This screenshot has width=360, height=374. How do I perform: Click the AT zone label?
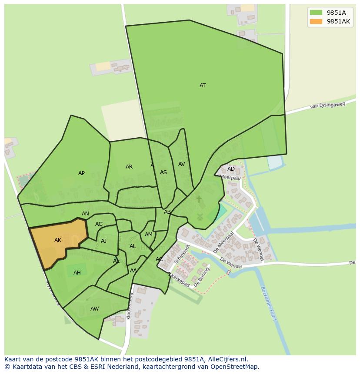pyautogui.click(x=203, y=86)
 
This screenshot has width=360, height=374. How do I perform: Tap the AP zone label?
pyautogui.click(x=81, y=173)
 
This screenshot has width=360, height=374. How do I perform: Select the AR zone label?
pyautogui.click(x=129, y=167)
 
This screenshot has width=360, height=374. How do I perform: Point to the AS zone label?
pyautogui.click(x=163, y=172)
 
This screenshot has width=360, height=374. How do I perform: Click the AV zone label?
pyautogui.click(x=182, y=164)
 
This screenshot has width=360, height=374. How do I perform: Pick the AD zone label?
pyautogui.click(x=231, y=169)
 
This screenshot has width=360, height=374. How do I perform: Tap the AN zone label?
pyautogui.click(x=85, y=214)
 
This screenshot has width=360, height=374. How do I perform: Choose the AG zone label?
pyautogui.click(x=99, y=224)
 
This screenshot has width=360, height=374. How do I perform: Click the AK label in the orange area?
pyautogui.click(x=58, y=240)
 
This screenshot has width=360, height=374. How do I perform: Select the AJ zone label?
pyautogui.click(x=103, y=241)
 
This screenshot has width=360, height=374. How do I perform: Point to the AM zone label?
pyautogui.click(x=149, y=235)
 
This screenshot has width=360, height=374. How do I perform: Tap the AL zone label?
pyautogui.click(x=133, y=246)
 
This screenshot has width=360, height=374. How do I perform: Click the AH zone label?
pyautogui.click(x=77, y=273)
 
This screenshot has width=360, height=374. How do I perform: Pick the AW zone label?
pyautogui.click(x=94, y=309)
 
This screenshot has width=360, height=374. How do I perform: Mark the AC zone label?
pyautogui.click(x=159, y=259)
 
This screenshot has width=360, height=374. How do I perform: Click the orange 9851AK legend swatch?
pyautogui.click(x=316, y=21)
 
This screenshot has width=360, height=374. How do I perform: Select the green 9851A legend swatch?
pyautogui.click(x=316, y=12)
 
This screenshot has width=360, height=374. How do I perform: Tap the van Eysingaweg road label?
pyautogui.click(x=327, y=105)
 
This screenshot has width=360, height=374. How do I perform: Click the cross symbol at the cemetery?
pyautogui.click(x=199, y=199)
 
